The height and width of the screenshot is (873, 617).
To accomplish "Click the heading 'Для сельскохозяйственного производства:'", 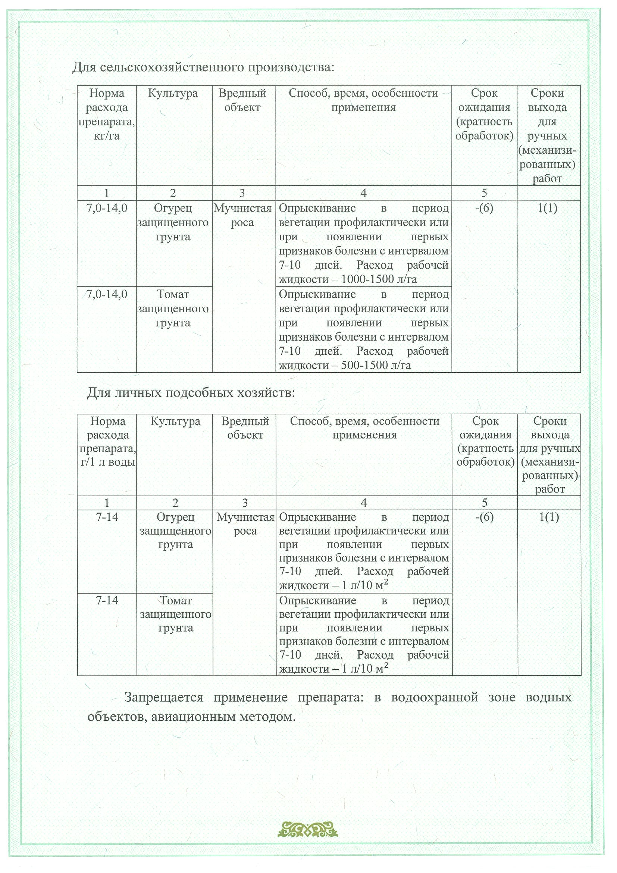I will pyautogui.click(x=203, y=67).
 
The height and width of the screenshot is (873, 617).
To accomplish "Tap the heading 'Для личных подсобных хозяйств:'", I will pyautogui.click(x=191, y=392).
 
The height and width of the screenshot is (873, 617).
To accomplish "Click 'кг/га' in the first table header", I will pyautogui.click(x=106, y=136).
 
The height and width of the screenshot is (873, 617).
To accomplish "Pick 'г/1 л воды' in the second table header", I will pyautogui.click(x=107, y=462).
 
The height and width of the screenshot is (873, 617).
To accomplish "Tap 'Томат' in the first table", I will pyautogui.click(x=173, y=294).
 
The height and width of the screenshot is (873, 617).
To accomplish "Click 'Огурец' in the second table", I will pyautogui.click(x=175, y=517).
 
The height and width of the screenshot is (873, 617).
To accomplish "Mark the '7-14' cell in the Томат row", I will pyautogui.click(x=107, y=600).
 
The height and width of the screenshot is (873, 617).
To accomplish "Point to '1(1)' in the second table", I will pyautogui.click(x=549, y=517).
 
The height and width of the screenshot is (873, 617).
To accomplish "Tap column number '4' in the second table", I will pyautogui.click(x=363, y=503).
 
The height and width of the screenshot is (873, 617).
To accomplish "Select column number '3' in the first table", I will pyautogui.click(x=242, y=193).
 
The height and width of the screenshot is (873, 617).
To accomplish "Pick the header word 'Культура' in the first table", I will pyautogui.click(x=173, y=93).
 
